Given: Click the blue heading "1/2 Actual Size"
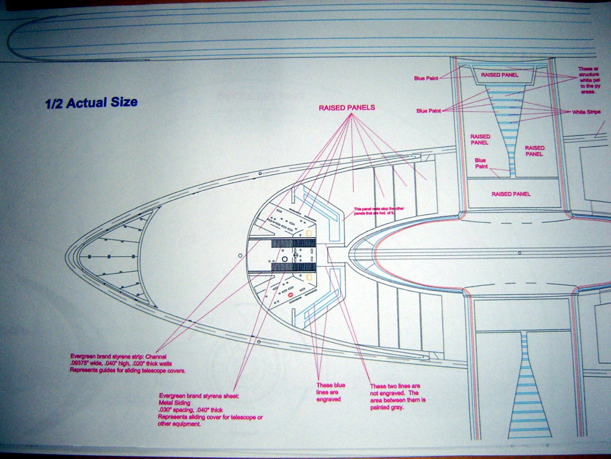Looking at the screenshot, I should pyautogui.click(x=91, y=102).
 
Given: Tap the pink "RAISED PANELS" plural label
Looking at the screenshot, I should pyautogui.click(x=347, y=108).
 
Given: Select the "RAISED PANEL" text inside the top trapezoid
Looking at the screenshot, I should pyautogui.click(x=500, y=75).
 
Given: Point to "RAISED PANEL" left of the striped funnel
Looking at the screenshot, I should pyautogui.click(x=480, y=140).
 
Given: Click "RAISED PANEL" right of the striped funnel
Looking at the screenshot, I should pyautogui.click(x=535, y=151).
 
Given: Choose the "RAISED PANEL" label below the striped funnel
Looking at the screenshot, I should pyautogui.click(x=511, y=194).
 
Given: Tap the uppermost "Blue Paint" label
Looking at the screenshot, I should pyautogui.click(x=426, y=78).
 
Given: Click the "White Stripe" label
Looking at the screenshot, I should pyautogui.click(x=587, y=112).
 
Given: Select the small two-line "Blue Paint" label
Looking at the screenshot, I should pyautogui.click(x=481, y=164).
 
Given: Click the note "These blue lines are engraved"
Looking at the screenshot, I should pyautogui.click(x=330, y=392).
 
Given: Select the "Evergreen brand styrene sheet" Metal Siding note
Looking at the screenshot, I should pyautogui.click(x=210, y=410).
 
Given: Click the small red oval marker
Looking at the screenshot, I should pyautogui.click(x=290, y=295).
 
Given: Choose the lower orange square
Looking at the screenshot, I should pyautogui.click(x=309, y=277).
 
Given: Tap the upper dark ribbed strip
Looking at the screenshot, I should pyautogui.click(x=294, y=243).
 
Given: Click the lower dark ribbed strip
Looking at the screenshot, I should pyautogui.click(x=294, y=266).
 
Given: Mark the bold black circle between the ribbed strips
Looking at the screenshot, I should pyautogui.click(x=285, y=259).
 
